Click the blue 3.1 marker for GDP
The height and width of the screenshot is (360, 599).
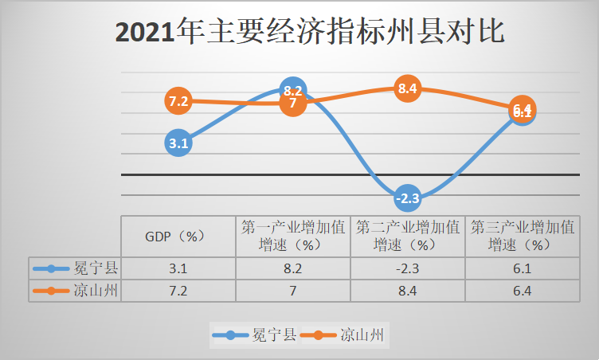178,144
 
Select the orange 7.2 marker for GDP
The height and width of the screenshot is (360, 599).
178,101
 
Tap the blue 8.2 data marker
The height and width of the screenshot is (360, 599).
292,90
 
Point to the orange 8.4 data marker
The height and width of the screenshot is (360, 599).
408,88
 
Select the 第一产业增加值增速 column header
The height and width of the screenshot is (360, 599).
293,236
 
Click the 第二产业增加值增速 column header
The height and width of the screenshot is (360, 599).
407,236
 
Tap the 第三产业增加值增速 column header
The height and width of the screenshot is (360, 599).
522,236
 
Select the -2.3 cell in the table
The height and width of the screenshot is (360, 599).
407,269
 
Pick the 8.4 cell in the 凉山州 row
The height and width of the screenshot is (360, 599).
407,291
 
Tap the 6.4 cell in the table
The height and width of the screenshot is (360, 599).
522,291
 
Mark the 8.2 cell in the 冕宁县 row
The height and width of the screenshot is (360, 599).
293,269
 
